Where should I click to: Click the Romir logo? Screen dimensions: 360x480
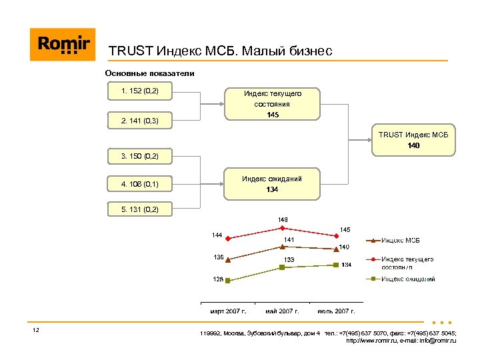[63, 45]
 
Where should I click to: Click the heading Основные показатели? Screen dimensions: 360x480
[149, 73]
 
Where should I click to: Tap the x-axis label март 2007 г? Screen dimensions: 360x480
[228, 311]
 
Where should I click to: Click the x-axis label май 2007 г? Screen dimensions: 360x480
[282, 311]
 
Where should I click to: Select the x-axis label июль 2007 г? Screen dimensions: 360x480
[337, 311]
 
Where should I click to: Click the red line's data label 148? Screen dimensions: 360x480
[283, 219]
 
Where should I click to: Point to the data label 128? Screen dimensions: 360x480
[218, 279]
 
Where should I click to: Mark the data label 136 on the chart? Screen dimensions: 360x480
[218, 257]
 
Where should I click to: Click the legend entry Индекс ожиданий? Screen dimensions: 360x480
[408, 279]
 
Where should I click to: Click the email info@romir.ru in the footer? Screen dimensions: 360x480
[433, 341]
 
